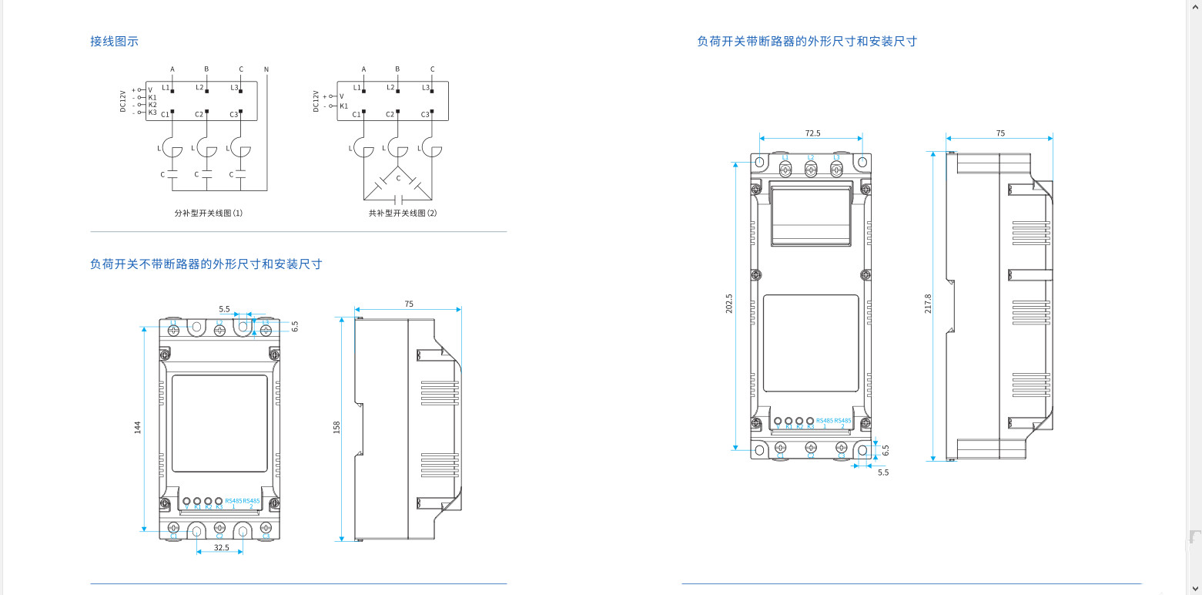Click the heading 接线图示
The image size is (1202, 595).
click(114, 42)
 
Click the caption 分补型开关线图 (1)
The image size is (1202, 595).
click(209, 213)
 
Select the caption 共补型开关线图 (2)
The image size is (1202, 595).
click(403, 213)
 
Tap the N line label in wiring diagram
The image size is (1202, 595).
click(266, 69)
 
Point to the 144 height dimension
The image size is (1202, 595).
click(137, 427)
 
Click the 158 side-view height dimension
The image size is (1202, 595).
click(336, 427)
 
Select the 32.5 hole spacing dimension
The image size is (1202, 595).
click(221, 547)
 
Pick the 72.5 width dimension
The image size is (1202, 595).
click(812, 133)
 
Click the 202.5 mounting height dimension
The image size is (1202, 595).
click(729, 303)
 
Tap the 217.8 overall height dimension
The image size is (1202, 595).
click(928, 303)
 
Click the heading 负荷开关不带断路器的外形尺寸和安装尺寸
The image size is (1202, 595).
click(206, 264)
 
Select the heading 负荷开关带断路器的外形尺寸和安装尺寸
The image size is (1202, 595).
click(806, 42)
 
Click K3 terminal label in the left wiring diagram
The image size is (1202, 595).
click(152, 113)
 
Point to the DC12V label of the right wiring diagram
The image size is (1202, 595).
click(316, 101)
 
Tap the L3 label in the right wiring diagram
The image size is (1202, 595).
click(426, 88)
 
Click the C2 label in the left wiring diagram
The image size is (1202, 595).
click(199, 114)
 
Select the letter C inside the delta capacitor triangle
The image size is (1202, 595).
click(398, 178)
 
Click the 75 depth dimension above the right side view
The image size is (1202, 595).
click(1000, 133)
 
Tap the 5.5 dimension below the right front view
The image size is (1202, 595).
click(882, 472)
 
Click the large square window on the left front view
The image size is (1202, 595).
click(219, 423)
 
